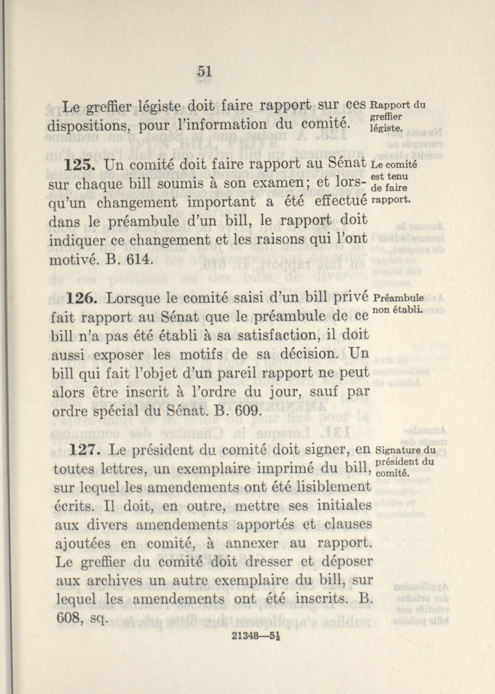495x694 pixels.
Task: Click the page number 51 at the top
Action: [x=204, y=71]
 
